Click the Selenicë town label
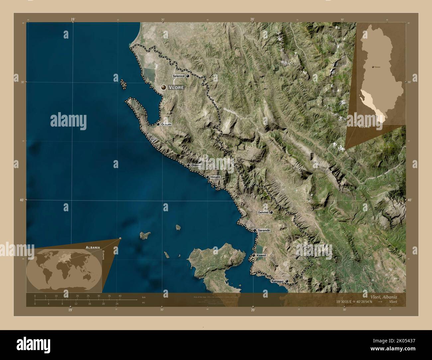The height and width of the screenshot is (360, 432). pos(178,76)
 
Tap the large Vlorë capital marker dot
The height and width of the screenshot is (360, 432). pos(163,87)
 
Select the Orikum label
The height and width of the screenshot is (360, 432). pos(166,124)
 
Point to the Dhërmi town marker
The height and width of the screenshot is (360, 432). pos(188,165)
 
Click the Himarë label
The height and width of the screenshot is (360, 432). pos(215,177)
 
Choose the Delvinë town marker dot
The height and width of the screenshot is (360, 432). pos(271,212)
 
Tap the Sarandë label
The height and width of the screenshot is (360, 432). pos(263,230)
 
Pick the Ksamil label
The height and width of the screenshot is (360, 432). pos(262,255)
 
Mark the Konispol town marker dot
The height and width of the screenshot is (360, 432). pos(287,281)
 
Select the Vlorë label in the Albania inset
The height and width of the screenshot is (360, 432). pos(365,127)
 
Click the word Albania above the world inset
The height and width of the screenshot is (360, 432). pos(92,247)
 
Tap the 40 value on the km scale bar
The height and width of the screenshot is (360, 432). pos(120,296)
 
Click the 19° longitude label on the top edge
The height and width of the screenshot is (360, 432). pos(72,20)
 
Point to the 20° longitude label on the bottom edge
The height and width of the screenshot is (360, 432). pos(253,310)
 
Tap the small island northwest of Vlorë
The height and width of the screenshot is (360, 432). pos(124,84)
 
